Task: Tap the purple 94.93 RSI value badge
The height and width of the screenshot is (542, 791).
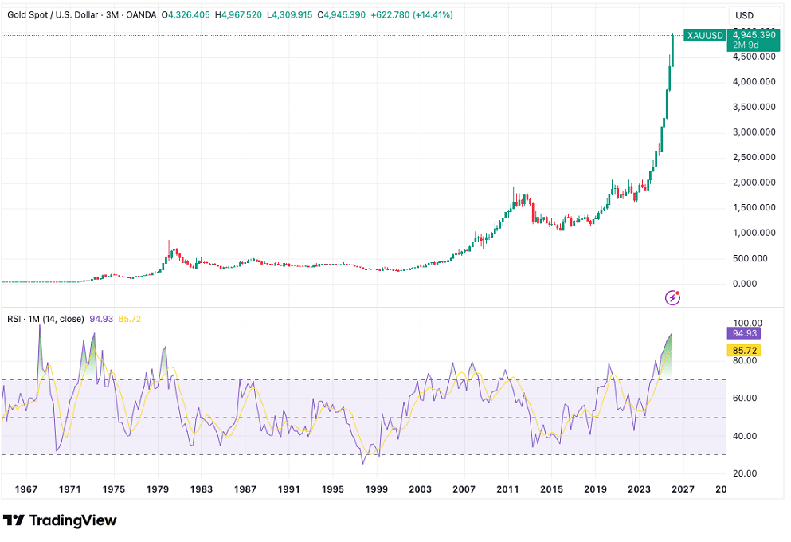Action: click(744, 333)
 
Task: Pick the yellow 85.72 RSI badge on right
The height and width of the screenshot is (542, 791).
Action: click(744, 350)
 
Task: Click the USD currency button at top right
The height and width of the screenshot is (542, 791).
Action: click(745, 15)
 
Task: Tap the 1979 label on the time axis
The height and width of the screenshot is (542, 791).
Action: click(158, 489)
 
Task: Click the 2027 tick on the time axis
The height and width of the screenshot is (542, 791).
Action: click(683, 489)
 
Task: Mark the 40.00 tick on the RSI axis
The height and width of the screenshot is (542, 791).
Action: click(745, 436)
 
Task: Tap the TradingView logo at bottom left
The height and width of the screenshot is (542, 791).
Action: click(61, 520)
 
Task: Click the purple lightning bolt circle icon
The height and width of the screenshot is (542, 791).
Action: click(673, 297)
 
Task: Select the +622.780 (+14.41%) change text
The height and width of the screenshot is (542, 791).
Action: click(435, 15)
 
